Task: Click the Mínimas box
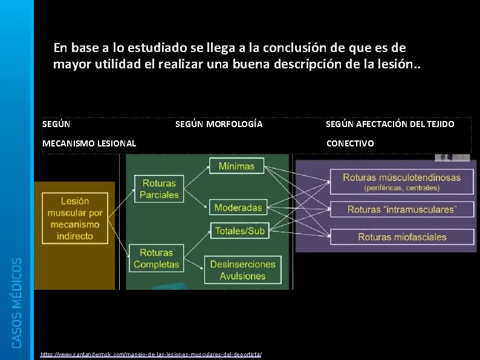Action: [237, 166]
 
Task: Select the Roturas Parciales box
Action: [159, 189]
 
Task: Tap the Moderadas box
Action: [238, 208]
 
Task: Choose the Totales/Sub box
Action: [238, 231]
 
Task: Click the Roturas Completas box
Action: [157, 258]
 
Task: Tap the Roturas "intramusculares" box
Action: [401, 209]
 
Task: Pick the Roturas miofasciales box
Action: [401, 237]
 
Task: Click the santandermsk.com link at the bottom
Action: [151, 354]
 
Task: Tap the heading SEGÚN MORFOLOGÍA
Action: [219, 124]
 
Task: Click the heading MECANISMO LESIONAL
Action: [89, 143]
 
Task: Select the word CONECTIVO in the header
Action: [350, 143]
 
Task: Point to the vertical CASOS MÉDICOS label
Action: [18, 302]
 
